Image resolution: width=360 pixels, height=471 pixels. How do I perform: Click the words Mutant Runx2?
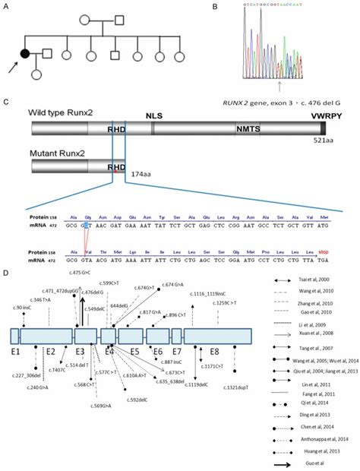click(x=55, y=153)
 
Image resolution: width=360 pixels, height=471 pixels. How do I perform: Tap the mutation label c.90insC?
click(x=22, y=307)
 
